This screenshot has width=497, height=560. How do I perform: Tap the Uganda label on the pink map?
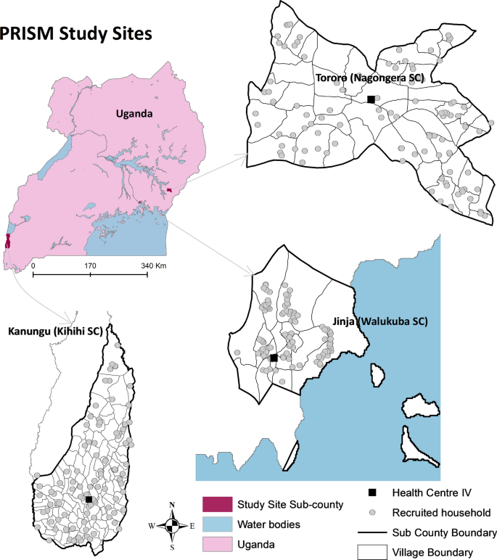(x=138, y=114)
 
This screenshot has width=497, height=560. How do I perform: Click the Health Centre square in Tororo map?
(x=371, y=99)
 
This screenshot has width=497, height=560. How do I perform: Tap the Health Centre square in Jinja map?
(x=274, y=358)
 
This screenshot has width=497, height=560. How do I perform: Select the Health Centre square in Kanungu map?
(x=89, y=499)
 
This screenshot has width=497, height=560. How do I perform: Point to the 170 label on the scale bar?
(x=90, y=266)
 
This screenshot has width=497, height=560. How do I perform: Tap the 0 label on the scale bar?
(x=33, y=266)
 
